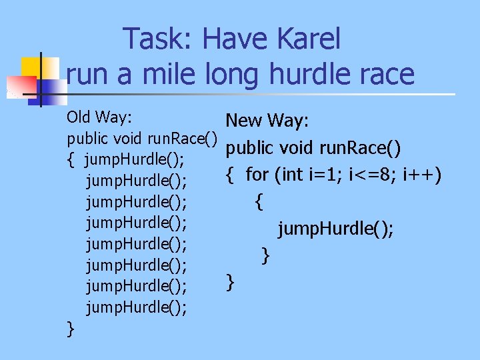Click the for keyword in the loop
click(257, 175)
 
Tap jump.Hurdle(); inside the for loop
click(336, 229)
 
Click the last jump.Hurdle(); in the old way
click(136, 307)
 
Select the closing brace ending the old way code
click(71, 328)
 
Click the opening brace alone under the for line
click(259, 201)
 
